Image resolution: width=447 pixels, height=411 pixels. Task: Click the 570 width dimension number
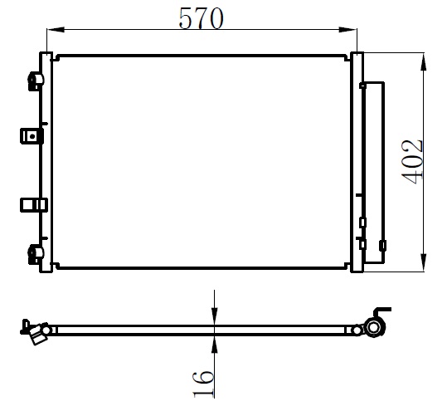click(x=201, y=18)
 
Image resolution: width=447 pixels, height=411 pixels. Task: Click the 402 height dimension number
click(x=411, y=162)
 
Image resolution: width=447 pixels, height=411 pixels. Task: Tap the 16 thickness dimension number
click(x=203, y=384)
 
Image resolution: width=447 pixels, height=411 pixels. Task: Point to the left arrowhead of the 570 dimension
click(x=56, y=29)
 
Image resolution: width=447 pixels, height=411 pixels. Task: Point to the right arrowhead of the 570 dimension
click(x=347, y=29)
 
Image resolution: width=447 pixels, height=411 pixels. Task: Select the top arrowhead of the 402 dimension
click(x=424, y=61)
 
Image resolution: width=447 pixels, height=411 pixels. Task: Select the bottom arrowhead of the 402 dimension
click(x=424, y=262)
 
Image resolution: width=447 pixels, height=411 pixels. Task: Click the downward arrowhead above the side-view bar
click(x=214, y=316)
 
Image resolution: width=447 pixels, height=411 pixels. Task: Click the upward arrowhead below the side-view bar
click(x=214, y=344)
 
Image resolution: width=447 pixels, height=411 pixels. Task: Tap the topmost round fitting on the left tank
click(x=36, y=81)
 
